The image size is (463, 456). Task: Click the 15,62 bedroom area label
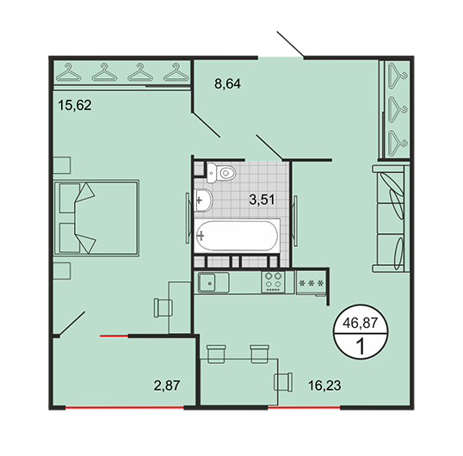click(x=75, y=105)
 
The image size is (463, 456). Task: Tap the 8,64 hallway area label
click(x=227, y=83)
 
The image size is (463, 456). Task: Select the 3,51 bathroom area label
click(x=262, y=200)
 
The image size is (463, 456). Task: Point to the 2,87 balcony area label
click(x=167, y=385)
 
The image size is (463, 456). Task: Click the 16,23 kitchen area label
click(x=324, y=385)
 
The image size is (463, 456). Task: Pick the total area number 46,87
click(x=361, y=323)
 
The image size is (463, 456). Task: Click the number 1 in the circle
click(x=361, y=346)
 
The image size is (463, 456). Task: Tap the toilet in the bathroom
click(x=221, y=173)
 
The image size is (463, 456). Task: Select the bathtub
click(x=237, y=236)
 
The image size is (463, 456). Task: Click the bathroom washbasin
click(x=203, y=200)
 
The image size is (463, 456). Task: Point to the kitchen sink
click(x=213, y=282)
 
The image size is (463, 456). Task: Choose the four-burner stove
click(x=273, y=282)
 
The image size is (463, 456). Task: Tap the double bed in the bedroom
click(x=96, y=218)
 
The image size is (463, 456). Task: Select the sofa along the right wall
click(x=391, y=219)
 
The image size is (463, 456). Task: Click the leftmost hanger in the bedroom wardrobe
click(x=69, y=72)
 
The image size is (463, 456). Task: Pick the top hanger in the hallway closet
click(x=398, y=77)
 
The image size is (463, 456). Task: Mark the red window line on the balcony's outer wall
click(x=124, y=408)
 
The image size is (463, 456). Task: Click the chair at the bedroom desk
click(x=164, y=308)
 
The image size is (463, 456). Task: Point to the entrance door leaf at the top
click(x=290, y=43)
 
